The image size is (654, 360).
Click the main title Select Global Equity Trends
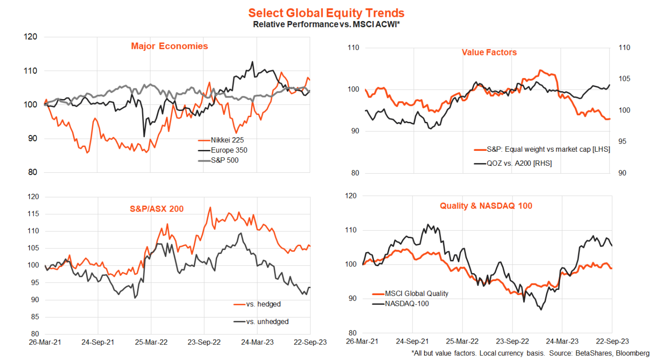coord(326,13)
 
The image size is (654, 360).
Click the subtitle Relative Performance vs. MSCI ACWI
coord(326,24)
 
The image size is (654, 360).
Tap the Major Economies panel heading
coord(170,46)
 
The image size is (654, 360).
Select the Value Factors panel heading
coord(489,52)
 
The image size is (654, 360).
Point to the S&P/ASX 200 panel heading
coord(156,209)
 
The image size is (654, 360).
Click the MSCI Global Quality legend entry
coord(417,294)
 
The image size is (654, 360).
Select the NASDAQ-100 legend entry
coord(407,304)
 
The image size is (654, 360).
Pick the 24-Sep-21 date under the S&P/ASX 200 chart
coord(98,342)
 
